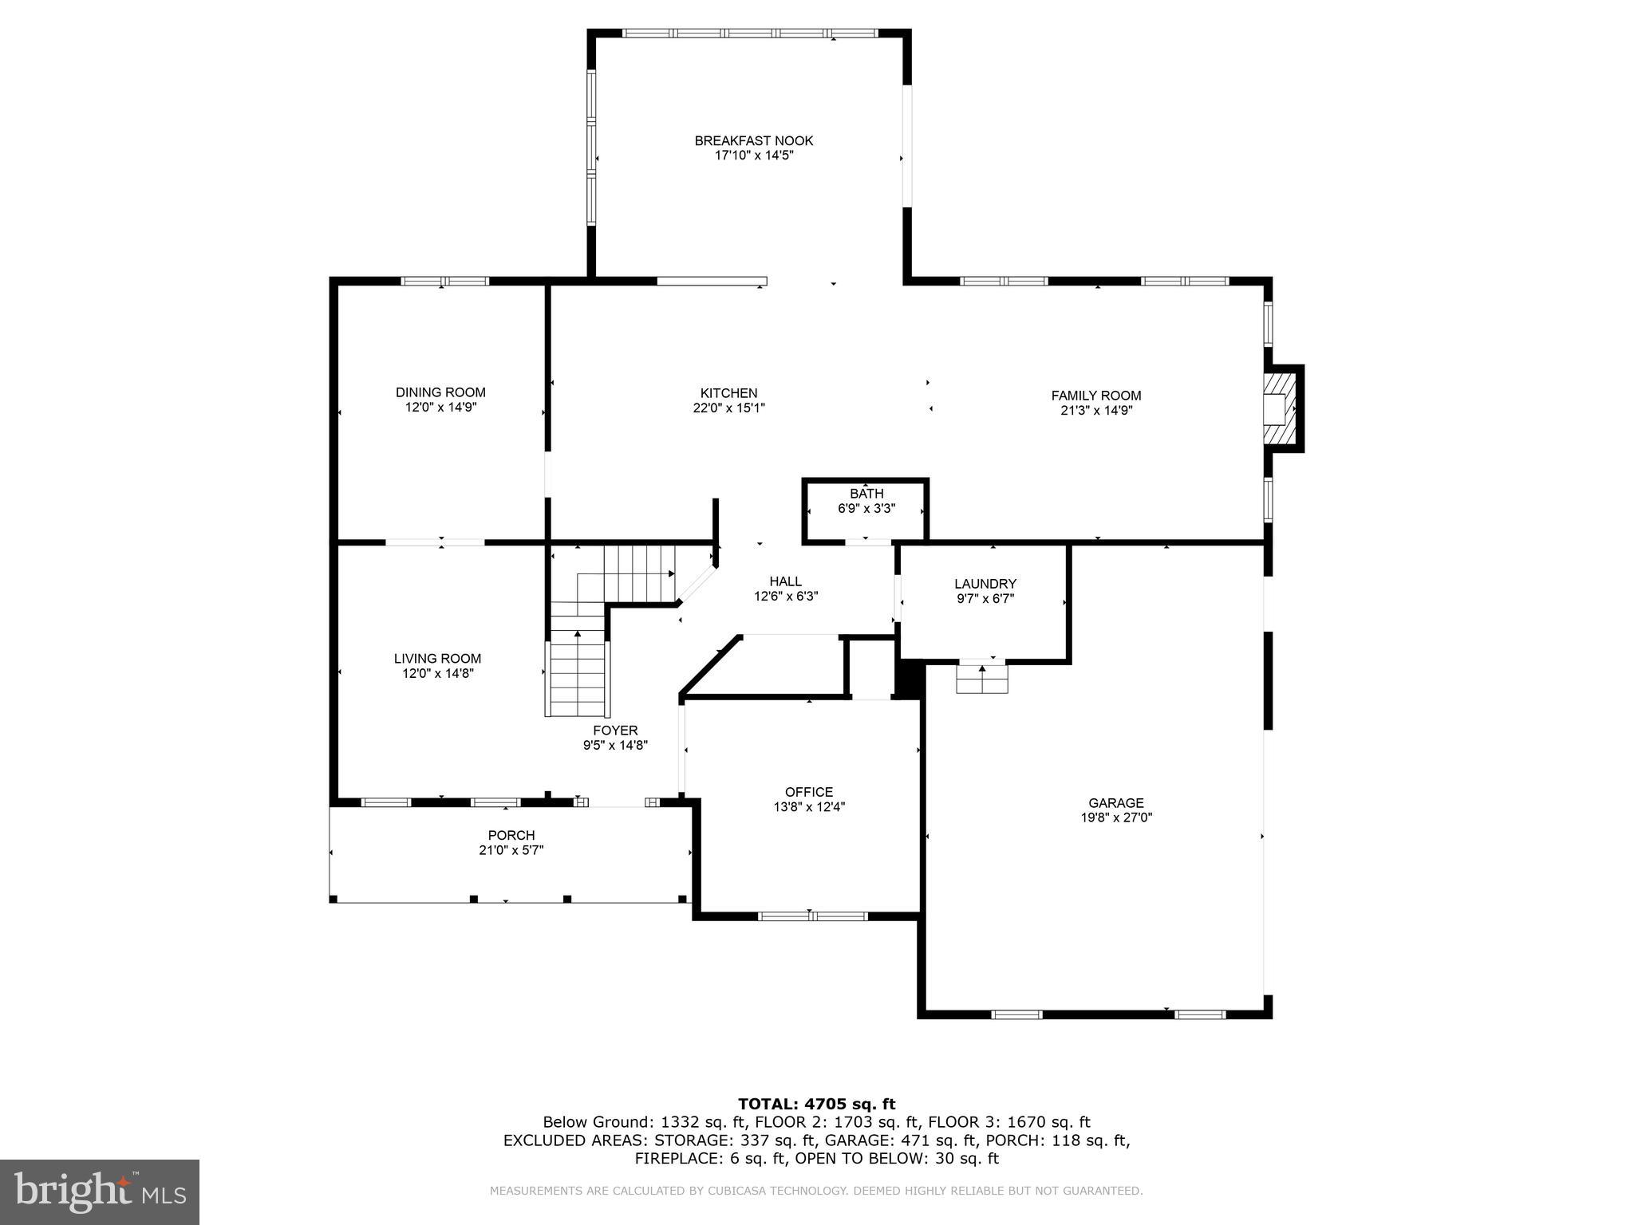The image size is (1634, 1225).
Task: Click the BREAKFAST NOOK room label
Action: [x=753, y=141]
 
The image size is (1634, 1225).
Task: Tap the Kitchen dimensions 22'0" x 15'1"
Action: [x=728, y=408]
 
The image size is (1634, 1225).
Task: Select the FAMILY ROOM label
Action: [x=1095, y=396]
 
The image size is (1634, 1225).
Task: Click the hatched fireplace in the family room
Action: [x=1279, y=408]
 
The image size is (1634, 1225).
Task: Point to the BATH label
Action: [x=866, y=494]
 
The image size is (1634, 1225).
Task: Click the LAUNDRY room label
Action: [x=985, y=584]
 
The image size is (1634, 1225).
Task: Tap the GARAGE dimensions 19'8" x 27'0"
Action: [x=1115, y=817]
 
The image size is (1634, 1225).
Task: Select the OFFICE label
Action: [x=808, y=792]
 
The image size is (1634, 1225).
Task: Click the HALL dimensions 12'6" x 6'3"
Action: [x=785, y=596]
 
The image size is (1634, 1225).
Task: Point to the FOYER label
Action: [x=615, y=731]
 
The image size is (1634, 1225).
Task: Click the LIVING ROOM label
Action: [x=437, y=659]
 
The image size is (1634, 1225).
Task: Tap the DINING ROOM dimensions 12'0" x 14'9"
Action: [x=440, y=408]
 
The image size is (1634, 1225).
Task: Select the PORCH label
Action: [x=511, y=835]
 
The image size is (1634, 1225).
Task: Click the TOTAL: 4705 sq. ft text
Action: [x=816, y=1104]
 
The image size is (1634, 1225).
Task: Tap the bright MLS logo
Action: [x=100, y=1192]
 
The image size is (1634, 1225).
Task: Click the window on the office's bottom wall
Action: [x=812, y=916]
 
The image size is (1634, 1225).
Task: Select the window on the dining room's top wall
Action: [x=444, y=281]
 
